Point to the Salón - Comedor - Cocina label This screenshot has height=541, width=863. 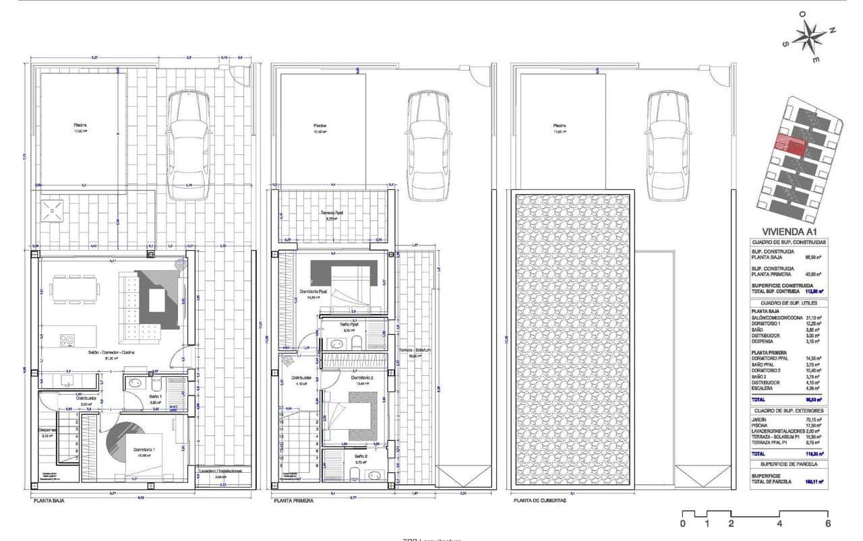click(111, 352)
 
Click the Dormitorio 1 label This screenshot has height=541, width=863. click(142, 450)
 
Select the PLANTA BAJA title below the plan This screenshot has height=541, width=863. click(49, 501)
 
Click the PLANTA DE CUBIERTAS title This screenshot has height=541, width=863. click(539, 501)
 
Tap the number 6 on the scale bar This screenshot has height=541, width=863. click(827, 523)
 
